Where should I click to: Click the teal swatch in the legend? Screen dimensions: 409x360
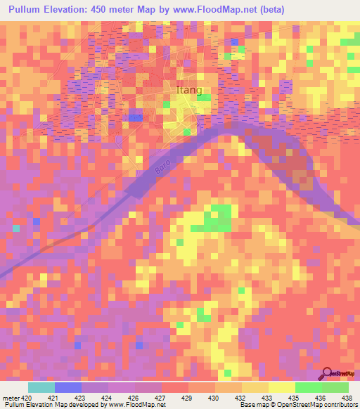[x=41, y=387]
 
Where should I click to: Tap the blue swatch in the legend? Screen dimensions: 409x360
[x=68, y=387]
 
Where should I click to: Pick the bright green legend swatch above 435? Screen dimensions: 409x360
[x=309, y=387]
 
